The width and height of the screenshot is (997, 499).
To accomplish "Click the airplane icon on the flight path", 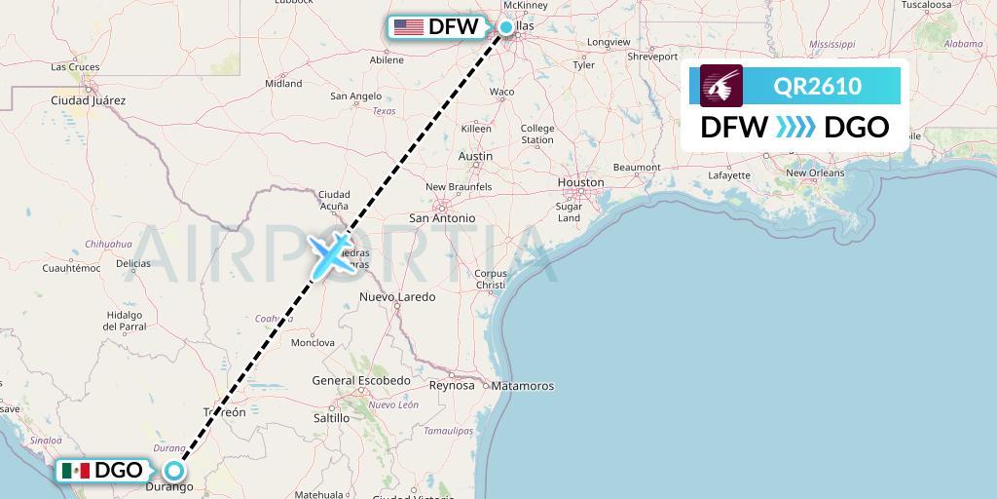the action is coord(330,252).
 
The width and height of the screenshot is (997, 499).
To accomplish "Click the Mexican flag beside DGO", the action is coord(76,471).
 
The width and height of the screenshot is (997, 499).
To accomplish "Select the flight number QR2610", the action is coord(817,87).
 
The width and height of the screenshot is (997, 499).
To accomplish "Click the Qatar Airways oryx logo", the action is coord(721,86).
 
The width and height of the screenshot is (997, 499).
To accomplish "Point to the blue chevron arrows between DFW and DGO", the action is coord(795,128).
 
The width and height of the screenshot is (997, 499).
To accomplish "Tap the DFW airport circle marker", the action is coord(506,27).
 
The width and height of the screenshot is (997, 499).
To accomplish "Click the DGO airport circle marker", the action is coord(174,470).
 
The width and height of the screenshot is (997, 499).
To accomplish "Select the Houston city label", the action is coord(580,182).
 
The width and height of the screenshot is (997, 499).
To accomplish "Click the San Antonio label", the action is coord(442,218).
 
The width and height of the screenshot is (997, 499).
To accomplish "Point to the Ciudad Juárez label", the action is coord(89,99).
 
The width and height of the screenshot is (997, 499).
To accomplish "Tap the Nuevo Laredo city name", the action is coord(397,296).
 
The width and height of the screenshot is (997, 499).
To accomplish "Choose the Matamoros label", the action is coord(522,386).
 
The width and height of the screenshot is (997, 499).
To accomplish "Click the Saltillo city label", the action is coord(331,417).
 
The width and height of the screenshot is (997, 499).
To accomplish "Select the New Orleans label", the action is coord(814,173).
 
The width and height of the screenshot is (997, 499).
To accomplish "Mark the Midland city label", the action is coord(283,84).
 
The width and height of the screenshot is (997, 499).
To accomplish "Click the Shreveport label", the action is coord(652,57).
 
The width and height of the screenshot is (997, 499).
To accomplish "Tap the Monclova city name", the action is coord(313,343).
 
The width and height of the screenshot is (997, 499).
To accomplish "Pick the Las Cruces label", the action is coord(75,67).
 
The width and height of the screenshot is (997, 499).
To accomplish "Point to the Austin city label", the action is coord(475,156).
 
